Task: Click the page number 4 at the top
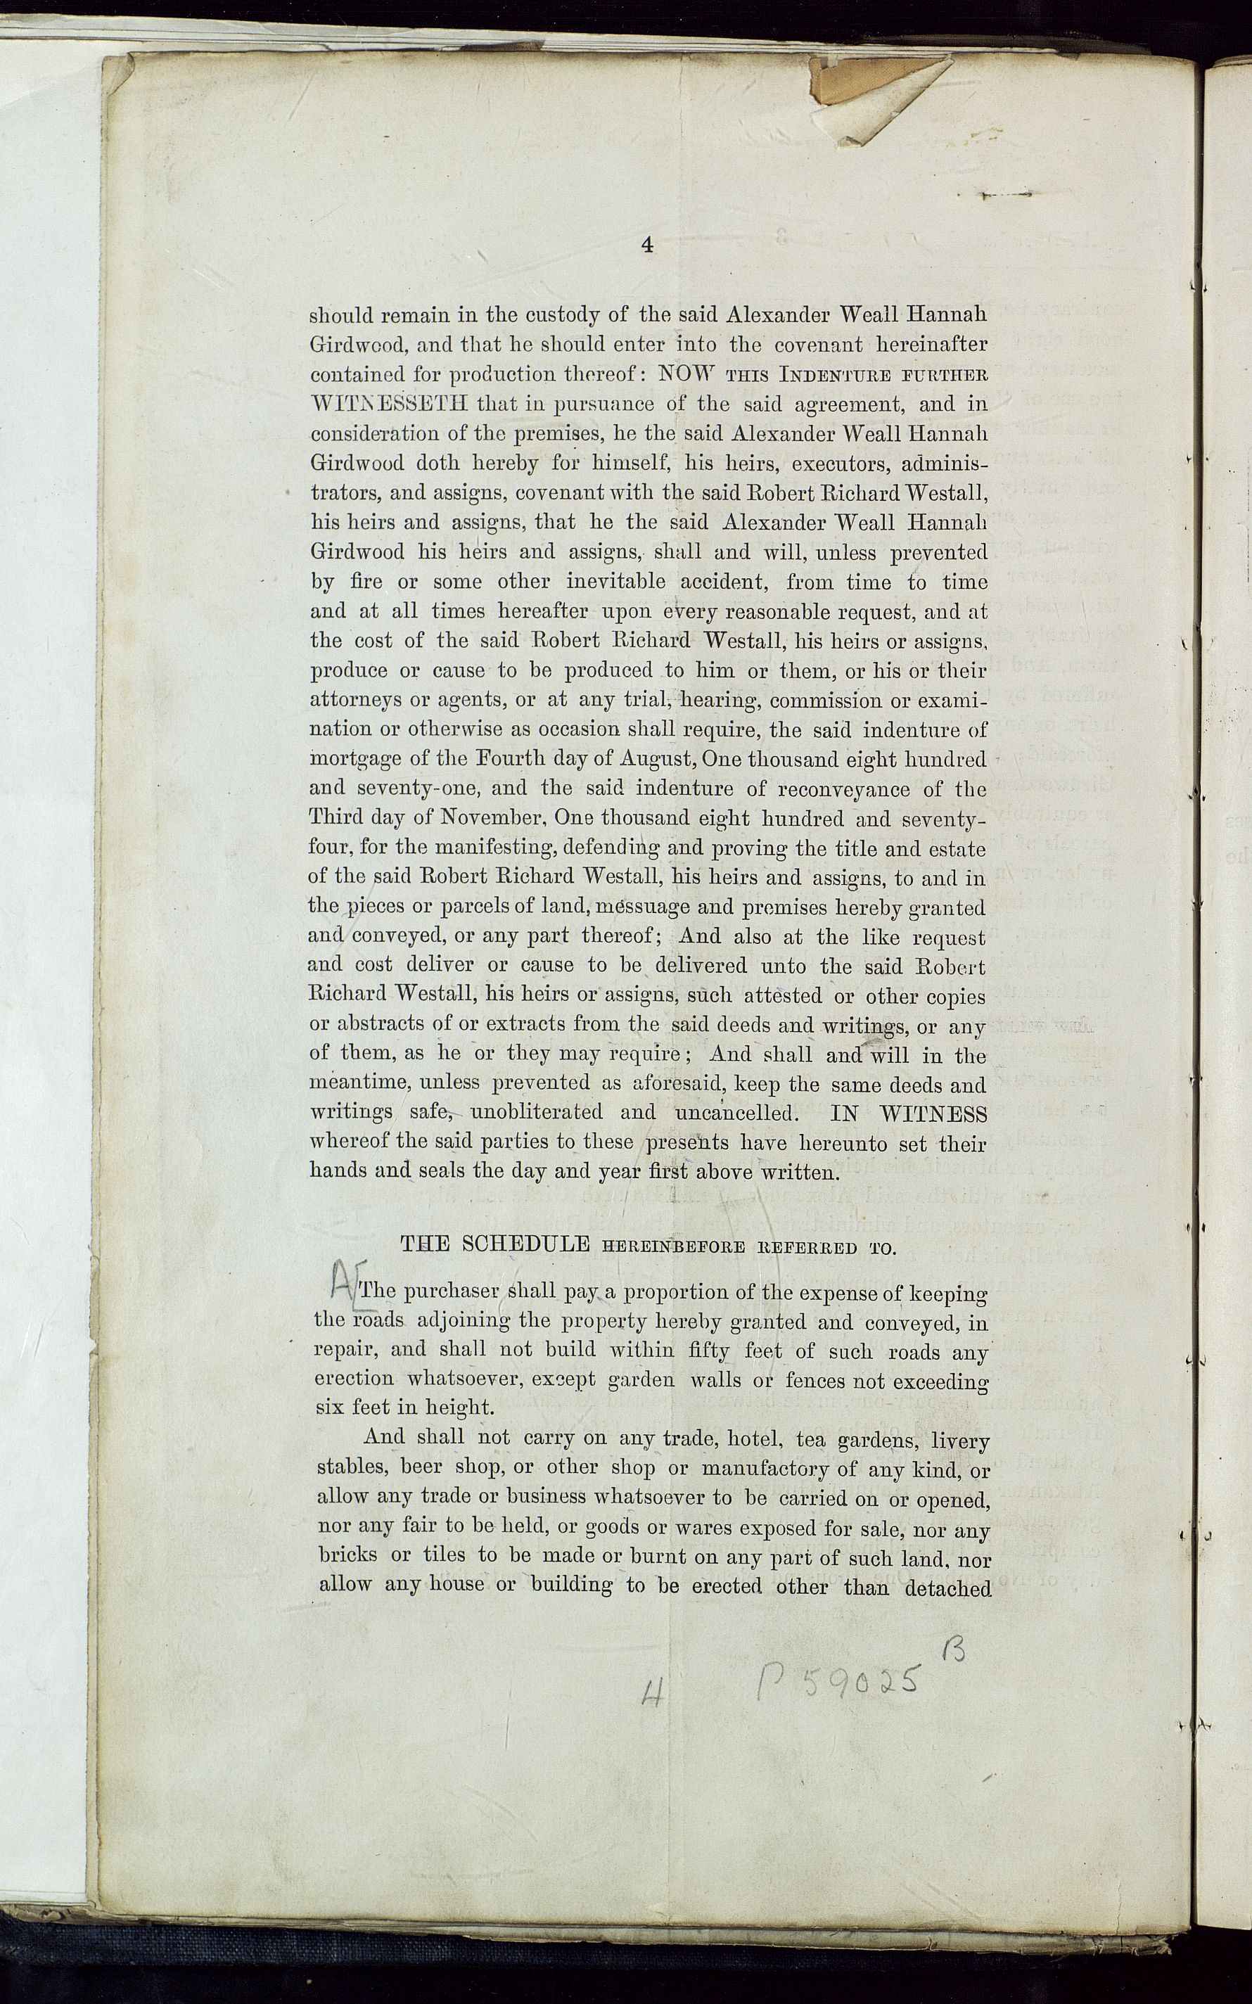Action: [x=648, y=245]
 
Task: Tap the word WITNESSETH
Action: [x=389, y=405]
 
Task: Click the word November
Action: [x=492, y=819]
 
